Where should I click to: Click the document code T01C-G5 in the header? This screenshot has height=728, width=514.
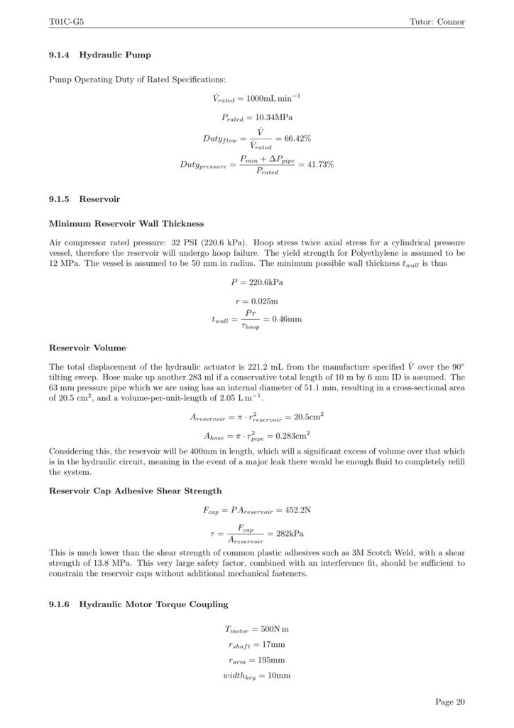coord(65,22)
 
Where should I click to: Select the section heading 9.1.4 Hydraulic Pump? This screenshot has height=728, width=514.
coord(100,54)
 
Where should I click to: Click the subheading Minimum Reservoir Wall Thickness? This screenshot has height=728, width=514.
coord(126,224)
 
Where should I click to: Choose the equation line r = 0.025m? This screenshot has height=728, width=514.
coord(256,301)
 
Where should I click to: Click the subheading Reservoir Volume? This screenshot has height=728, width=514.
coord(87,348)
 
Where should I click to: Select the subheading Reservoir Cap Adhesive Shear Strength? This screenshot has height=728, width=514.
coord(135,491)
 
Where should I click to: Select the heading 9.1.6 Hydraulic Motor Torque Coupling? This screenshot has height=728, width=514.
coord(138,604)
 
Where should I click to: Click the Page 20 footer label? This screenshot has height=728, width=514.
coord(450,702)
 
